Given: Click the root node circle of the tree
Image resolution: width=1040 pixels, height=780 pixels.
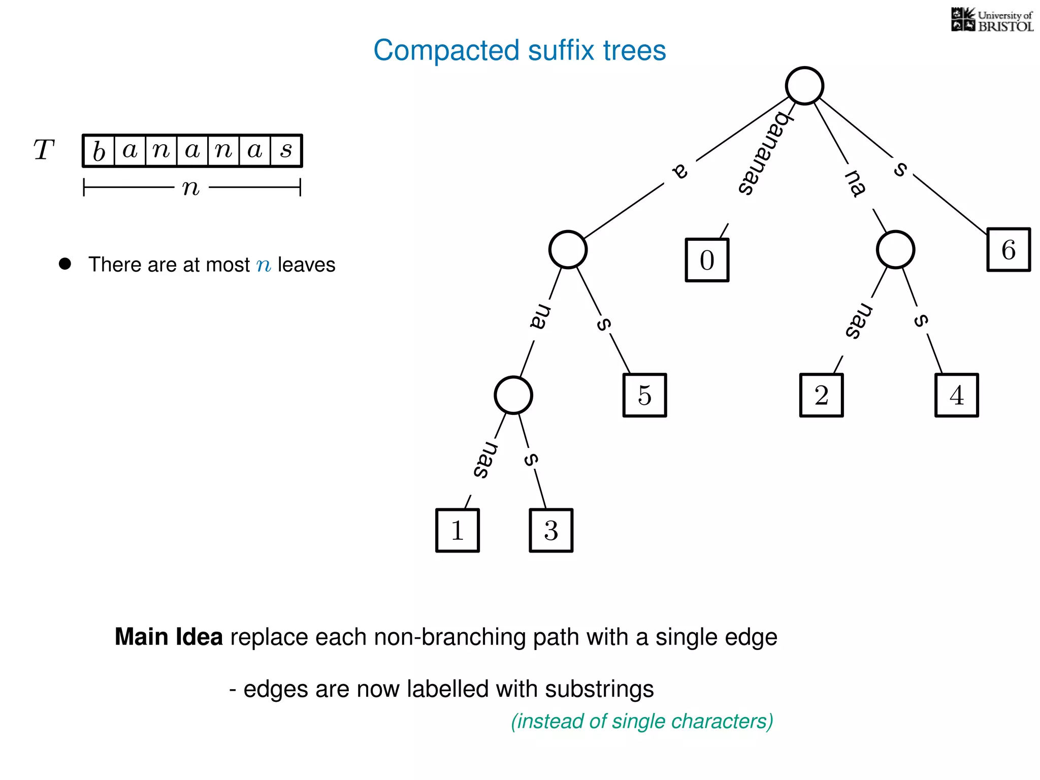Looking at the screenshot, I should click(x=804, y=86).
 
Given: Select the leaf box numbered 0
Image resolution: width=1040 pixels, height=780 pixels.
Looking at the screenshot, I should click(x=707, y=260).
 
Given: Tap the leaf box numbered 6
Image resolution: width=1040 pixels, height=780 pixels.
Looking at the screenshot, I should click(x=1009, y=249).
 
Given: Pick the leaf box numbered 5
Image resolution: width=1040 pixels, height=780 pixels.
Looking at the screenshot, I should click(x=644, y=395).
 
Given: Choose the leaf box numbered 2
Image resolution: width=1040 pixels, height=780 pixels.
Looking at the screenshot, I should click(x=821, y=395).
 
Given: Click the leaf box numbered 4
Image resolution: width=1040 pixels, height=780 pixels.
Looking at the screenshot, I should click(x=956, y=395).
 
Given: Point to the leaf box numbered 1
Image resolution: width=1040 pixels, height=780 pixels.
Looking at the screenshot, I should click(x=457, y=530).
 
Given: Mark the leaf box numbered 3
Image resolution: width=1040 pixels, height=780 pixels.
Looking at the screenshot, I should click(x=551, y=530).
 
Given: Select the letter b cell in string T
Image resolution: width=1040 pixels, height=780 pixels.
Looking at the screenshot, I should click(x=99, y=151).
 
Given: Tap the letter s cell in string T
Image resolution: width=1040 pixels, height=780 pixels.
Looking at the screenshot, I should click(x=286, y=151).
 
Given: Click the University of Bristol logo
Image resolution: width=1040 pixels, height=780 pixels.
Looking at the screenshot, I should click(x=992, y=20).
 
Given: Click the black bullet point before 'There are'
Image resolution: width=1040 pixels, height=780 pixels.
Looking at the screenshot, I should click(x=65, y=264).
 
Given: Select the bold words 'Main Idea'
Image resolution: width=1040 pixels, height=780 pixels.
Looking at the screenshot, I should click(x=169, y=637).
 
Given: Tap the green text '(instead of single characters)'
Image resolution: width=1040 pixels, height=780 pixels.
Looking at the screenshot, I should click(x=642, y=721).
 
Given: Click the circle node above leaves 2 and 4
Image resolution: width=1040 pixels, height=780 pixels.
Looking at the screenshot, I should click(x=895, y=249).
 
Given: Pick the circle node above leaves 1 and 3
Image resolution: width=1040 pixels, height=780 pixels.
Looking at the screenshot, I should click(x=513, y=395).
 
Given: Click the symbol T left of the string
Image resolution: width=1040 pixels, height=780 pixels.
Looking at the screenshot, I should click(x=44, y=150).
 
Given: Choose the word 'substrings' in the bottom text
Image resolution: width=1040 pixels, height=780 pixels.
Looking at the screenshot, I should click(x=599, y=689).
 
